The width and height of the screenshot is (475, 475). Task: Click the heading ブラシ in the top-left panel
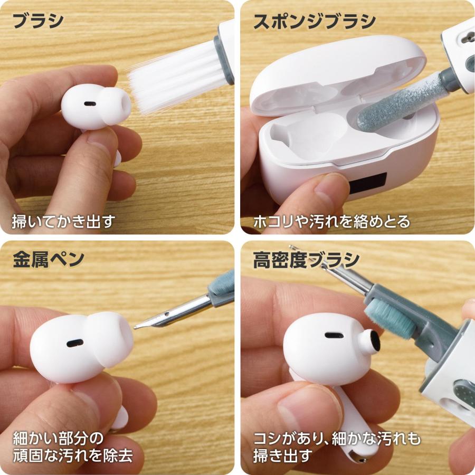[x=37, y=21]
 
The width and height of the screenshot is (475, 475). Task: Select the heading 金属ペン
[x=48, y=260]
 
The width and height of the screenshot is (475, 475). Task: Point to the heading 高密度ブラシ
[x=306, y=260]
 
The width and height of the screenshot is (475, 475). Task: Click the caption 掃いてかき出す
[x=63, y=221]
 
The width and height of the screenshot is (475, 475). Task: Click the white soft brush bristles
[x=169, y=77]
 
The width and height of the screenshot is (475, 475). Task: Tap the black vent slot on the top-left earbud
[x=90, y=103]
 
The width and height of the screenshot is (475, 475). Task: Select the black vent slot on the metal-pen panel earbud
[x=74, y=343]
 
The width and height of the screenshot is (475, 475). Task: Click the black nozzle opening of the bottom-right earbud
[x=374, y=343]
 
